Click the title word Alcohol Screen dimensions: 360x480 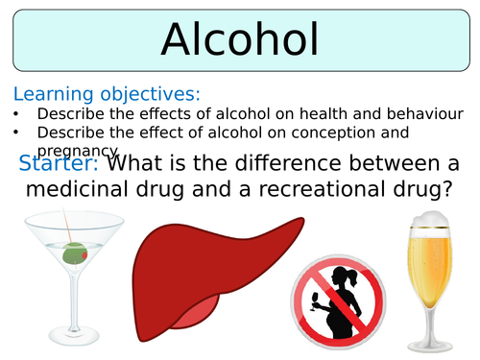pyautogui.click(x=240, y=37)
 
